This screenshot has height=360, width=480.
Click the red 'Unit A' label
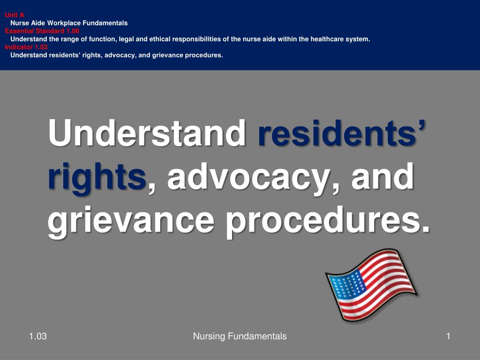(x=15, y=15)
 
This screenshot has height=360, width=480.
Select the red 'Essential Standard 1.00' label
(x=42, y=31)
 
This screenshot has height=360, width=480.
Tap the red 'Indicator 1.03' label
(x=26, y=47)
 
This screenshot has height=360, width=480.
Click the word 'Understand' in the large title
(x=147, y=133)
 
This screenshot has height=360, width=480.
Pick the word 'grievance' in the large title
(x=132, y=220)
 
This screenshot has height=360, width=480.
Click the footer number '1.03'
(x=37, y=336)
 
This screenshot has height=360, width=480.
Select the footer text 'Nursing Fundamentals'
(x=240, y=336)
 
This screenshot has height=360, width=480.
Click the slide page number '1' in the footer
(x=448, y=336)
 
